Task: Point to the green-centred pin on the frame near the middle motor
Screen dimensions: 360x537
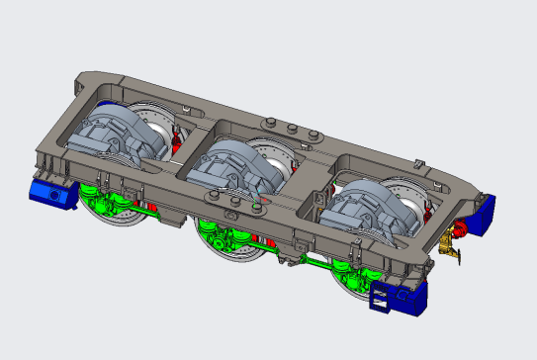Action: click(258, 207)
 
